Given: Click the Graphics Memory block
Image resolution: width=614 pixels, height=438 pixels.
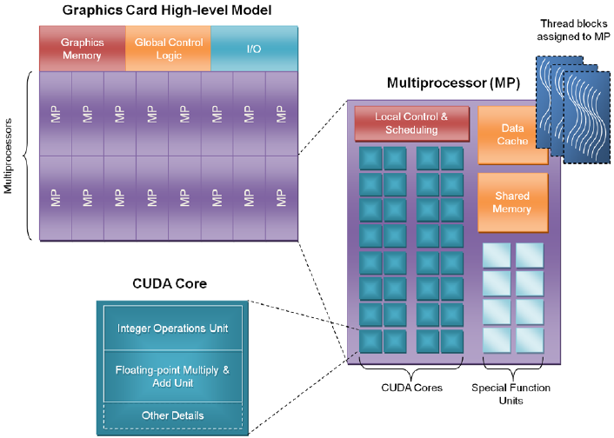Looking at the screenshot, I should tap(82, 49).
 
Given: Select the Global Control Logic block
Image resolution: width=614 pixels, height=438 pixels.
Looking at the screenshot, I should tap(168, 49).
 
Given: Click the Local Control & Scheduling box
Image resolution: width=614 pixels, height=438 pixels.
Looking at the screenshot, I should tap(411, 123).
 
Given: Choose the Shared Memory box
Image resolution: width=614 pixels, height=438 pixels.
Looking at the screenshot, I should tap(512, 202).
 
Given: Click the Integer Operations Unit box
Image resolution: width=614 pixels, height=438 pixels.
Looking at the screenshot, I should tap(172, 328).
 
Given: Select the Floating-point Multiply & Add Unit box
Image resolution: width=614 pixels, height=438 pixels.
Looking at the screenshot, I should tap(172, 376).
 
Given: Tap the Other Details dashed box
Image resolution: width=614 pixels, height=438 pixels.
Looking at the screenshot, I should tap(172, 415).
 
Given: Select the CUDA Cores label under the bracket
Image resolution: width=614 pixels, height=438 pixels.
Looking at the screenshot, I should tap(411, 388).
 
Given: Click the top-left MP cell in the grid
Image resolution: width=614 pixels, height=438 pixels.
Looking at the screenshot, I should tap(55, 114).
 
